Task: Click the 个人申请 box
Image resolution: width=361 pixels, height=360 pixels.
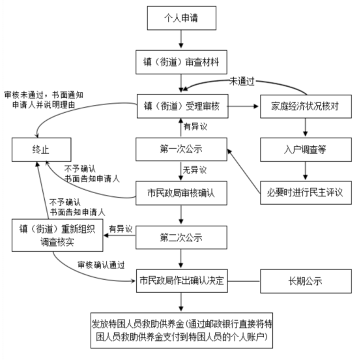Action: pyautogui.click(x=182, y=18)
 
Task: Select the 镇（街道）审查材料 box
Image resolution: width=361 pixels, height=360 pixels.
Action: pyautogui.click(x=181, y=62)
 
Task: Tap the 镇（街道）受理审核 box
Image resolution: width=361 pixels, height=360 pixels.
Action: pyautogui.click(x=182, y=106)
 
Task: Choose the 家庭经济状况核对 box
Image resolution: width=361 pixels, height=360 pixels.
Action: pyautogui.click(x=306, y=106)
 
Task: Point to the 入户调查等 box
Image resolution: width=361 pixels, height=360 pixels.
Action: pyautogui.click(x=306, y=149)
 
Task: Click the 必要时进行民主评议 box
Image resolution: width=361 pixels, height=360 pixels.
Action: pyautogui.click(x=306, y=192)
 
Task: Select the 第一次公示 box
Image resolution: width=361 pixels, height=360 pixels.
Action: pyautogui.click(x=181, y=149)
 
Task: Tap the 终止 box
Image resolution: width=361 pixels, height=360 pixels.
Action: pyautogui.click(x=42, y=149)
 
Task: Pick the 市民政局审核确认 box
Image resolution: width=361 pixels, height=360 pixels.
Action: pyautogui.click(x=181, y=193)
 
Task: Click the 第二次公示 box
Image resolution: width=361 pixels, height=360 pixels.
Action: pyautogui.click(x=181, y=237)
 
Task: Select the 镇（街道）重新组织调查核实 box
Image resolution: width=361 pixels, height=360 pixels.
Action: pyautogui.click(x=57, y=235)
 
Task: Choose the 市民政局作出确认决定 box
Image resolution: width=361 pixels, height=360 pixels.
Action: pyautogui.click(x=182, y=280)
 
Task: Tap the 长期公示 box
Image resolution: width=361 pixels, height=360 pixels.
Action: pyautogui.click(x=306, y=281)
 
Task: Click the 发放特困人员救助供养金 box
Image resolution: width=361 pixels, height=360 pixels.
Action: pyautogui.click(x=182, y=330)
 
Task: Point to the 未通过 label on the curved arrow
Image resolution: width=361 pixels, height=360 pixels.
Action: pyautogui.click(x=242, y=82)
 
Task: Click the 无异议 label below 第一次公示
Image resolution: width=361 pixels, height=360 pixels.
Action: pyautogui.click(x=195, y=170)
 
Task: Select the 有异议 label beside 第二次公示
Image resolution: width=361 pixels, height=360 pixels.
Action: pyautogui.click(x=121, y=229)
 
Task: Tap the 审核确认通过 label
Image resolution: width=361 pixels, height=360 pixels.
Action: pyautogui.click(x=101, y=265)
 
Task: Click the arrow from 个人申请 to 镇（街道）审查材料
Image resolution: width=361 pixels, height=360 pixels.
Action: pyautogui.click(x=181, y=39)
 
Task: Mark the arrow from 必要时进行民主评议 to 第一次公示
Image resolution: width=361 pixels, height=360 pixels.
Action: pyautogui.click(x=244, y=171)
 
